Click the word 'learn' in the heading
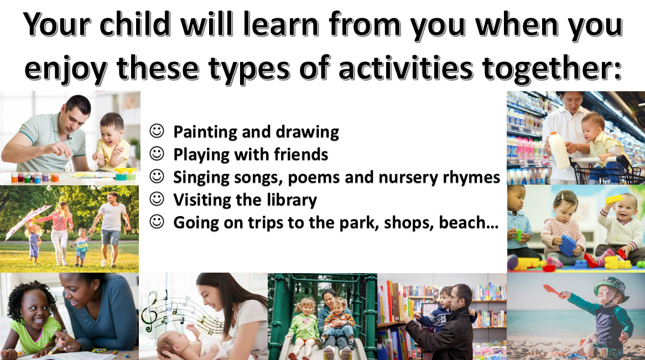pos(281,24)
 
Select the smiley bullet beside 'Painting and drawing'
pos(157,131)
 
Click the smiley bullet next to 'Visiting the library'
pos(157,199)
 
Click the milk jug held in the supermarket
pos(558,150)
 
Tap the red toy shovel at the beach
pos(553,290)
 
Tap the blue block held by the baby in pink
pos(568,245)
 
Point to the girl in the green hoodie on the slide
pos(304,325)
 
